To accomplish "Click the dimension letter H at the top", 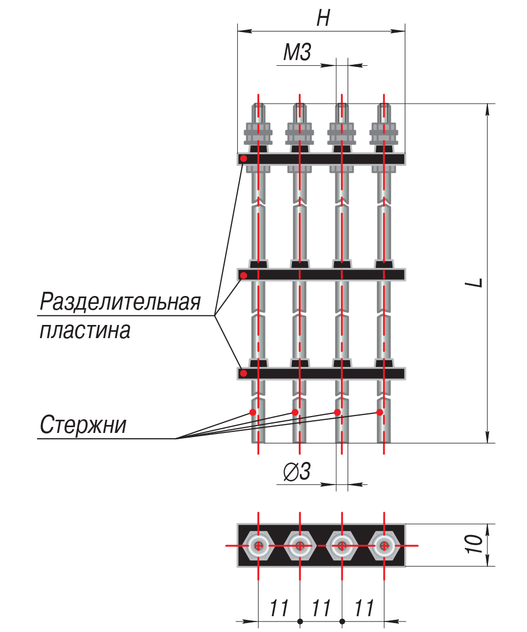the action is pyautogui.click(x=323, y=17).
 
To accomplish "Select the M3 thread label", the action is pyautogui.click(x=297, y=52).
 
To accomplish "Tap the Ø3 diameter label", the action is pyautogui.click(x=297, y=471).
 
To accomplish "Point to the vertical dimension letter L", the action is pyautogui.click(x=474, y=282).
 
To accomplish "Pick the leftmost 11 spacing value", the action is pyautogui.click(x=279, y=608).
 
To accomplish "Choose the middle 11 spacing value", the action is pyautogui.click(x=321, y=608).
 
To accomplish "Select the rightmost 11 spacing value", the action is pyautogui.click(x=364, y=608).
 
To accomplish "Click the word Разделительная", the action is pyautogui.click(x=120, y=302).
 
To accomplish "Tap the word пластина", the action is pyautogui.click(x=85, y=330).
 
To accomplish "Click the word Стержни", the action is pyautogui.click(x=83, y=424).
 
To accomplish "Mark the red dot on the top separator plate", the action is pyautogui.click(x=243, y=159).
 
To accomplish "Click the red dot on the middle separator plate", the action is pyautogui.click(x=243, y=275).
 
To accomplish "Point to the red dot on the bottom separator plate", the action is pyautogui.click(x=243, y=373).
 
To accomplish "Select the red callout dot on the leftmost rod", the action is pyautogui.click(x=252, y=412).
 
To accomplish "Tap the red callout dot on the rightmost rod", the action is pyautogui.click(x=379, y=412).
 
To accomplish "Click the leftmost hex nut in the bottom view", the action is pyautogui.click(x=258, y=546).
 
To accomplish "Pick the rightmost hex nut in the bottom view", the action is pyautogui.click(x=384, y=546).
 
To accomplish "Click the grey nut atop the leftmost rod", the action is pyautogui.click(x=258, y=133).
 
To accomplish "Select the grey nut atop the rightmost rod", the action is pyautogui.click(x=384, y=133).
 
